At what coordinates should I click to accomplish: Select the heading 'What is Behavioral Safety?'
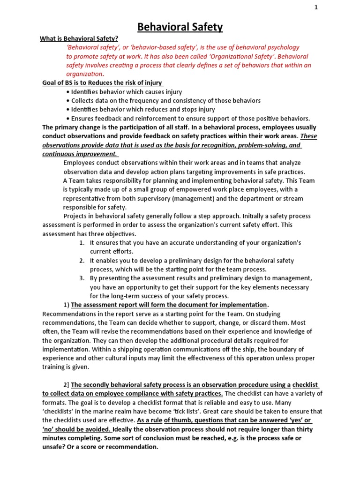click(79, 38)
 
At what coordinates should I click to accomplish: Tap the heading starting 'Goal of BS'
click(102, 83)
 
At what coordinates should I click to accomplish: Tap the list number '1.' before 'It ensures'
click(82, 243)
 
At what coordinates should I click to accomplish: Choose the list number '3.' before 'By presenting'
click(82, 278)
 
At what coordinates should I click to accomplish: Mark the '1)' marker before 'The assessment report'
click(66, 305)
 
